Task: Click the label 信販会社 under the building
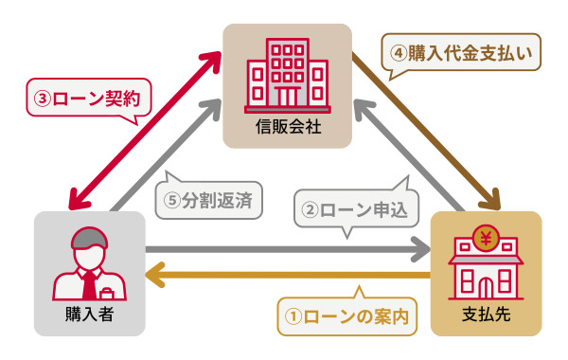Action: coord(288,125)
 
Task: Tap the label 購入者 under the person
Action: coord(90,314)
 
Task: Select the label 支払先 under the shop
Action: coord(487,314)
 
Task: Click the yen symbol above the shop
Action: coord(487,237)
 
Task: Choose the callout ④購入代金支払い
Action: coord(461,53)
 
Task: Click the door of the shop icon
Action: coord(487,282)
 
